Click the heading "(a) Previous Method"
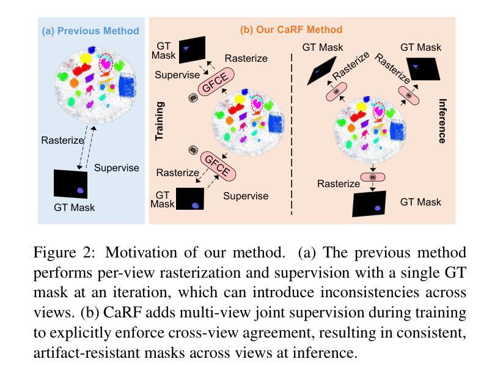(90, 31)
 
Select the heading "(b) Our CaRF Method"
(291, 29)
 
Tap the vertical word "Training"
(160, 121)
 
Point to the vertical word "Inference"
(442, 120)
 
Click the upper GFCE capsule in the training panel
(215, 82)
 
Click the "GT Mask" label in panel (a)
(74, 207)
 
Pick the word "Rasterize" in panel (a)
(62, 140)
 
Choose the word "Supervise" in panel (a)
(116, 168)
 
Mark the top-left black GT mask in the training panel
(192, 50)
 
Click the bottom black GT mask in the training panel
(189, 199)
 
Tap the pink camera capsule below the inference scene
(372, 177)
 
